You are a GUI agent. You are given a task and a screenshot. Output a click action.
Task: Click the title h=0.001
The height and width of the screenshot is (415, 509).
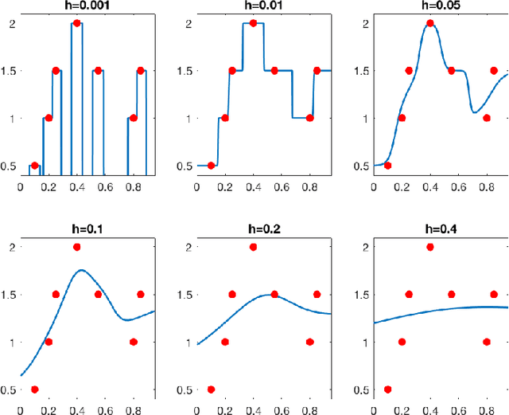[x=76, y=6]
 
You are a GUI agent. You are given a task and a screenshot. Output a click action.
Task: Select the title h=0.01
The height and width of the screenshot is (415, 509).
[x=253, y=6]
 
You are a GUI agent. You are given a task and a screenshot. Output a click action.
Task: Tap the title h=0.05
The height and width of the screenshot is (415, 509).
[x=430, y=6]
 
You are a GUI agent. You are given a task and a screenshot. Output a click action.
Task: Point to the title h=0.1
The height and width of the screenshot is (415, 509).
[x=76, y=231]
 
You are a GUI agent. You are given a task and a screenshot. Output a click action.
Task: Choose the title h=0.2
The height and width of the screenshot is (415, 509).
[x=253, y=231]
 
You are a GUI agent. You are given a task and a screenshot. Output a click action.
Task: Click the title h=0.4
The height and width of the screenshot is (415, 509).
[x=430, y=231]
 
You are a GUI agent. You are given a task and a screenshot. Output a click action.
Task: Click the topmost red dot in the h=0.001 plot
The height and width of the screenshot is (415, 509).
[x=77, y=23]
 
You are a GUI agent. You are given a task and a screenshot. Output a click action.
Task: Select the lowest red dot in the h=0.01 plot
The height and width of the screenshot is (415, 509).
[x=211, y=166]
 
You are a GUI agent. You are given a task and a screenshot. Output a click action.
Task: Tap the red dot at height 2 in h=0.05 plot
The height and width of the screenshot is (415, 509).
[x=430, y=23]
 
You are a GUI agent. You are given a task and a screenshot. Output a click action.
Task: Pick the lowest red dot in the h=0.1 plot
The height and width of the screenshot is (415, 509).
[x=34, y=390]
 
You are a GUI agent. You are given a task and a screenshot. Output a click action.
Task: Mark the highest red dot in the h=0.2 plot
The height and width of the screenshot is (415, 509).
[x=253, y=247]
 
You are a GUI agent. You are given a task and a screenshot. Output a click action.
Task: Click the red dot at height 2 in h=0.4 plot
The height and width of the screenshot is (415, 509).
[x=430, y=247]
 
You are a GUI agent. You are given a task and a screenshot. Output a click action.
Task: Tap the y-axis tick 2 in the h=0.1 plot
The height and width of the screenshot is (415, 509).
[x=12, y=247]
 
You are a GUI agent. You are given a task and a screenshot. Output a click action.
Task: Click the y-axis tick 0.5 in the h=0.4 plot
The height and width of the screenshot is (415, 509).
[x=363, y=390]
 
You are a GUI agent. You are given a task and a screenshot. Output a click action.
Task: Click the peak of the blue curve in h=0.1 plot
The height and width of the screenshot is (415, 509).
[x=81, y=270]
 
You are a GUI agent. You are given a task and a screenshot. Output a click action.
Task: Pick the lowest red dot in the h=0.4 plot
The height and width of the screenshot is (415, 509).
[x=387, y=390]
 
